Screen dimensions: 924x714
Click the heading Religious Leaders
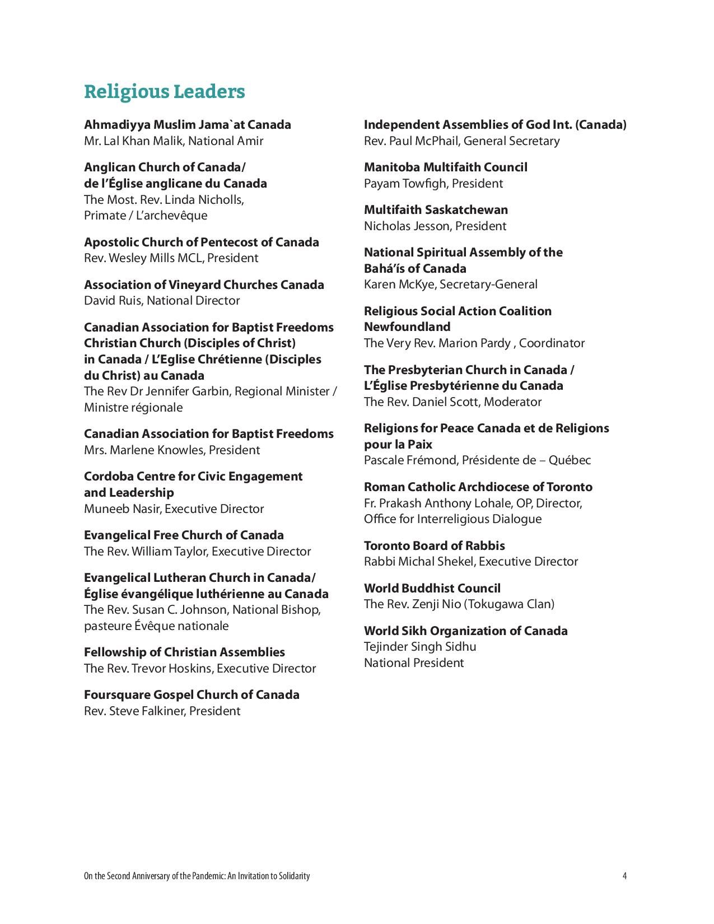tap(164, 91)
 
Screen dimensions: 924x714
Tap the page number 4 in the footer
tap(624, 876)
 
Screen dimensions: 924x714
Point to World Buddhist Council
tap(432, 588)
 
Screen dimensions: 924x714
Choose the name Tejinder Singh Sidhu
tap(420, 646)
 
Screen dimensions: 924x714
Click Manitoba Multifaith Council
tap(445, 167)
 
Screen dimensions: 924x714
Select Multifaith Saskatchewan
tap(436, 209)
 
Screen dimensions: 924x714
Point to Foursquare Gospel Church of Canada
tap(192, 694)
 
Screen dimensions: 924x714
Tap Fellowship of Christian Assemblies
tap(184, 652)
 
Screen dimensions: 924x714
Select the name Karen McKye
tap(399, 284)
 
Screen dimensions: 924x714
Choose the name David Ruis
tap(113, 300)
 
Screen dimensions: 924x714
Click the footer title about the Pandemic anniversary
tap(197, 876)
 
